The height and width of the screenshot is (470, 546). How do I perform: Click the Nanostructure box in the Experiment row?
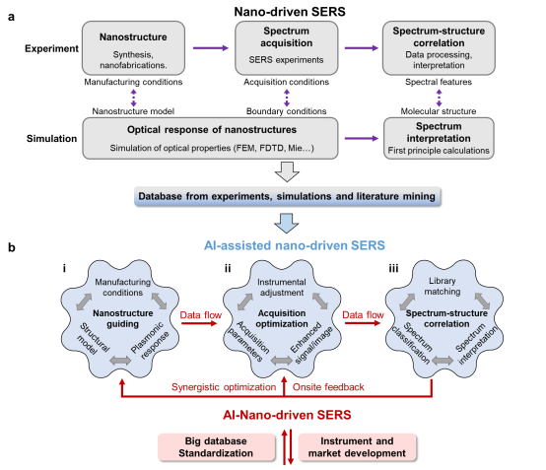point(133,48)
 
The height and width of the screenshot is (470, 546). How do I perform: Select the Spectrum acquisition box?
point(286,48)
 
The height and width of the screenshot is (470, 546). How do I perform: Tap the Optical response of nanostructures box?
point(210,138)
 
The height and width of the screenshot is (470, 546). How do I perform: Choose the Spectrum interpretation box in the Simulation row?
point(439,138)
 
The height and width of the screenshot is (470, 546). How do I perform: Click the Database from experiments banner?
point(287,197)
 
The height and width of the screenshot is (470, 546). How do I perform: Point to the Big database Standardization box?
point(216,447)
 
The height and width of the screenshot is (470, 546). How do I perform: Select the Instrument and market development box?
point(358,447)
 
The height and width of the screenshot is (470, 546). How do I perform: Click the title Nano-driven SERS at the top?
point(290,12)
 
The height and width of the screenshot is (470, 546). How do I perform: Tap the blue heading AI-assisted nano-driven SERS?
point(295,245)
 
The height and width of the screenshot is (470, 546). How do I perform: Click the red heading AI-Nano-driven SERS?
point(287,415)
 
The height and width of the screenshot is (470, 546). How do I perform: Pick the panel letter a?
point(11,17)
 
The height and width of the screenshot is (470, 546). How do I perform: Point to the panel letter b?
point(12,247)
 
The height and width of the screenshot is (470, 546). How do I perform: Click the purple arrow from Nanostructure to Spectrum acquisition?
point(211,48)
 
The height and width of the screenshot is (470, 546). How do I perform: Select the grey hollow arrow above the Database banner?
point(287,171)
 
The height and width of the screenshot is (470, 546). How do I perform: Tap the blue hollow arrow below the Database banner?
point(287,223)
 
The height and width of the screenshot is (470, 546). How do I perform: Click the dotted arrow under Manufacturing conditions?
point(133,98)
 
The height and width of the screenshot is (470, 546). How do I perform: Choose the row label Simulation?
point(51,139)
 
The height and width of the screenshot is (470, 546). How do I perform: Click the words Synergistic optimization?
point(224,387)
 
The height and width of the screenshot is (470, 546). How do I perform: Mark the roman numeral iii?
point(393,268)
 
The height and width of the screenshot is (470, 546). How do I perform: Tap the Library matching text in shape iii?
point(443,286)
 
